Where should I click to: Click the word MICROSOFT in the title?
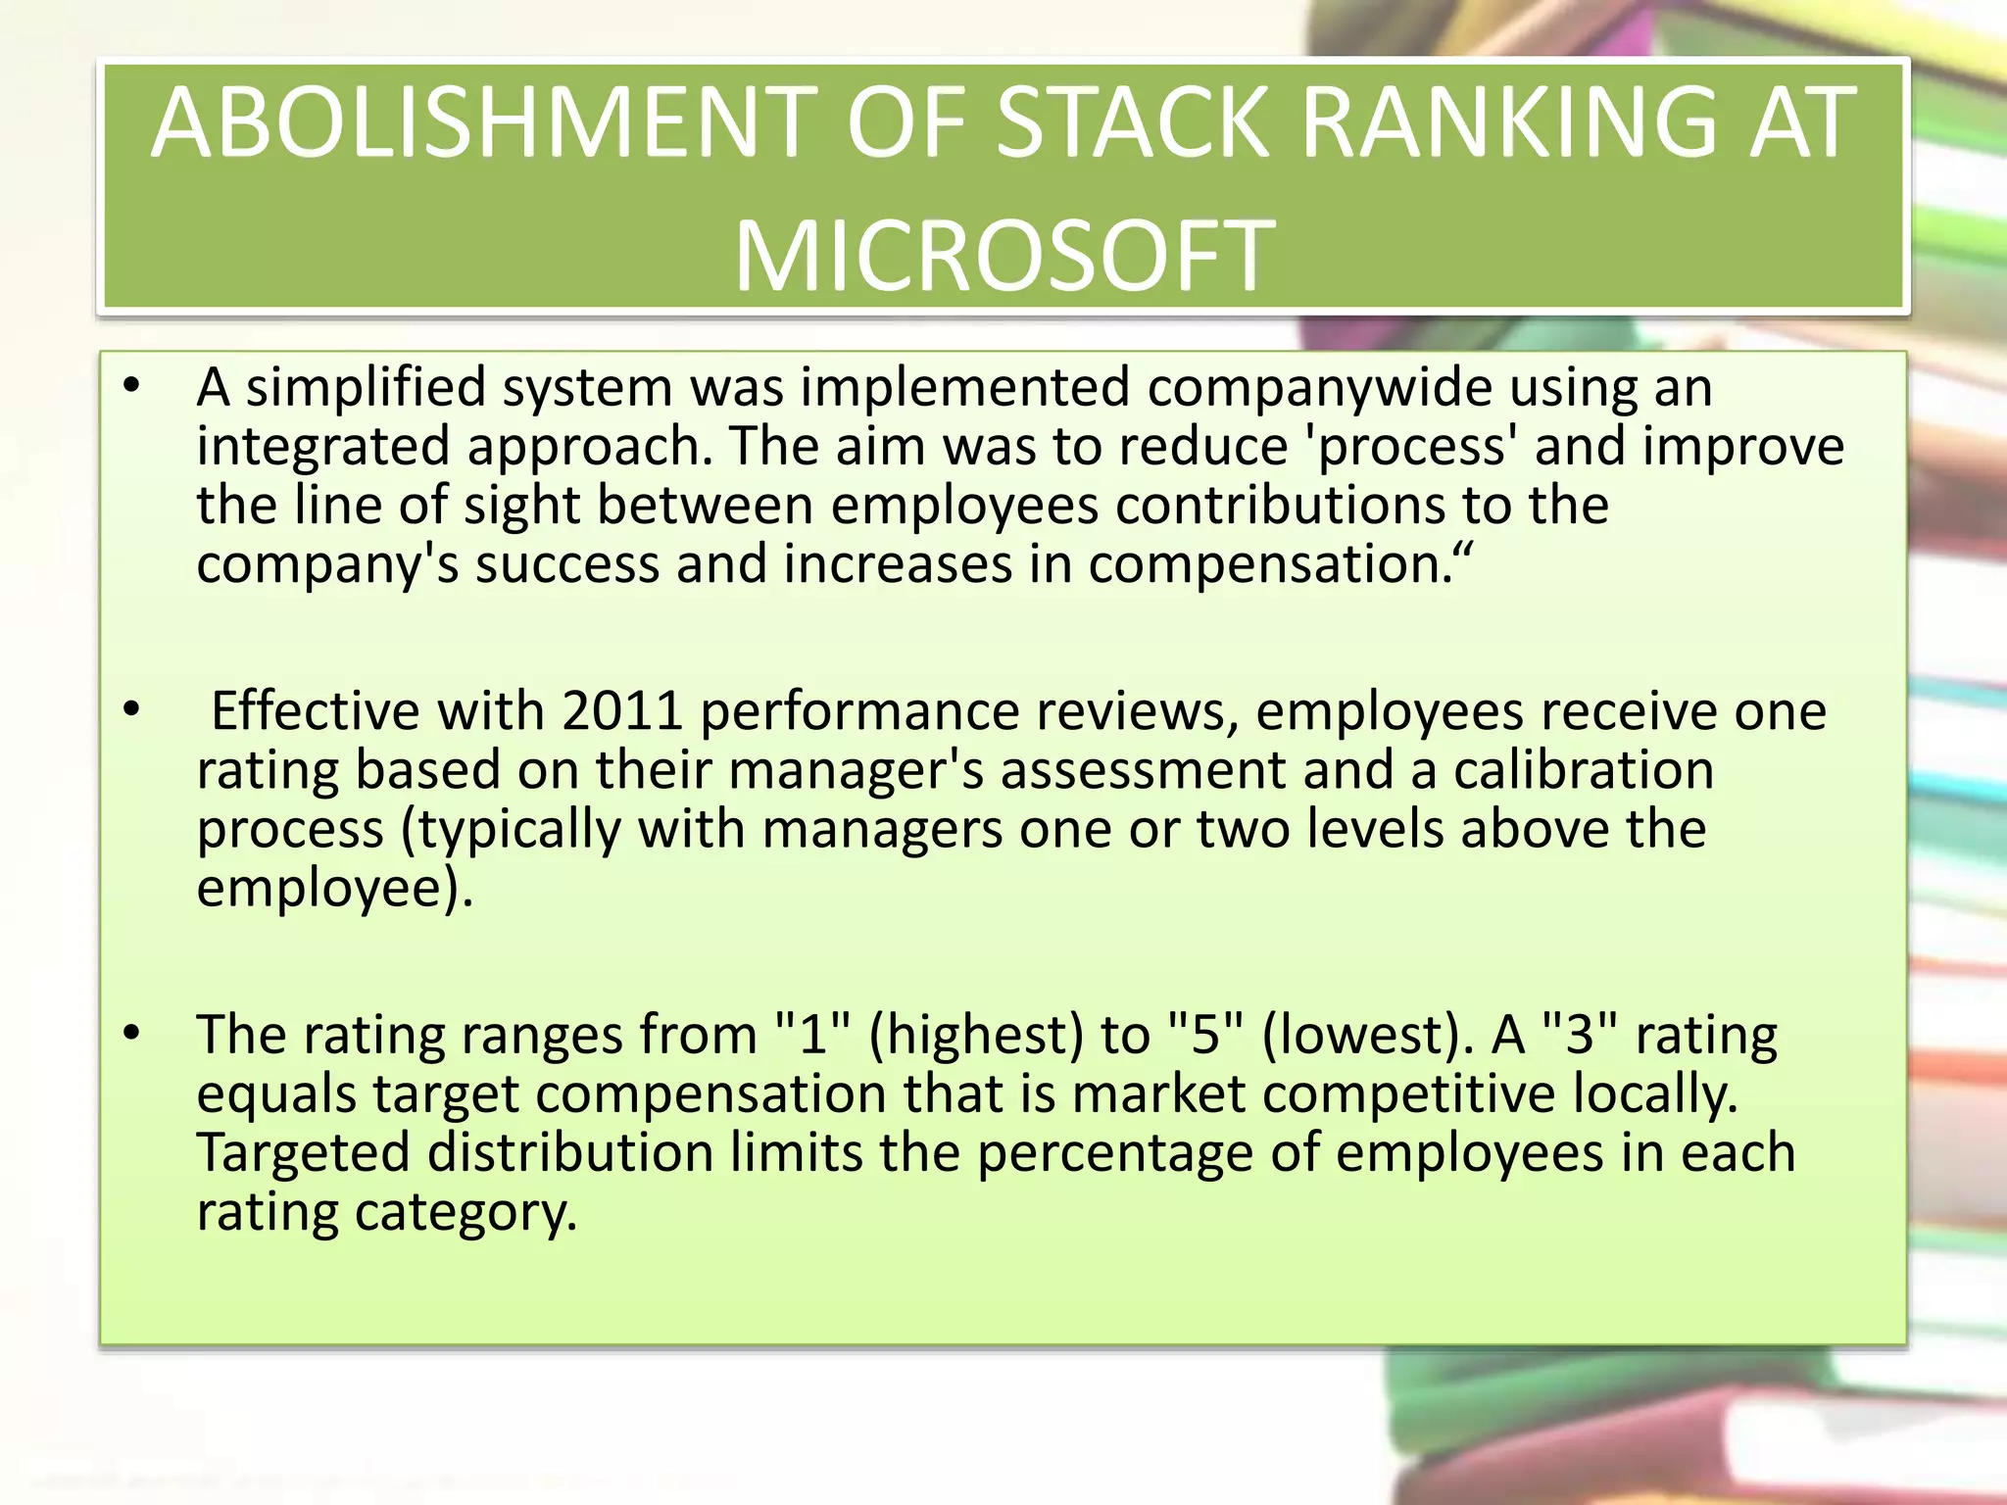pyautogui.click(x=1004, y=257)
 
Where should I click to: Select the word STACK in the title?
pyautogui.click(x=1132, y=124)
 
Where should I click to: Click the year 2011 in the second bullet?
pyautogui.click(x=622, y=710)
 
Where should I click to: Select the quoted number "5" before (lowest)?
pyautogui.click(x=1205, y=1035)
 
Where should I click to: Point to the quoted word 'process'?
pyautogui.click(x=1411, y=447)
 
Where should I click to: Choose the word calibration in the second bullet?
pyautogui.click(x=1584, y=770)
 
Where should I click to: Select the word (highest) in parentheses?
pyautogui.click(x=976, y=1035)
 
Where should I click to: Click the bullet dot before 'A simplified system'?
pyautogui.click(x=132, y=386)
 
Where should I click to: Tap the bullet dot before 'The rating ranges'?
pyautogui.click(x=132, y=1033)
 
